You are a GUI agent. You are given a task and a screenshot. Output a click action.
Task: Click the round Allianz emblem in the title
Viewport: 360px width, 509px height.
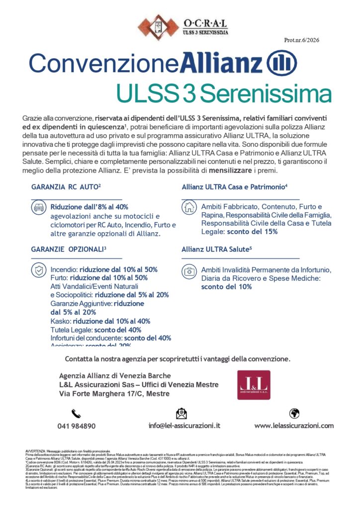click(282, 65)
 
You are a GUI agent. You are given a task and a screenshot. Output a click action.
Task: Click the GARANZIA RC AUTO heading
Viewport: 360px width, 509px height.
click(66, 187)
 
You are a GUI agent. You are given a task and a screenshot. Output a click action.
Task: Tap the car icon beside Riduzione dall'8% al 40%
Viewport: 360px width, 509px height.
click(38, 208)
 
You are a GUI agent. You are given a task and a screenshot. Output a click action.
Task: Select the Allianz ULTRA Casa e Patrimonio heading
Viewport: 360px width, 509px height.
click(235, 187)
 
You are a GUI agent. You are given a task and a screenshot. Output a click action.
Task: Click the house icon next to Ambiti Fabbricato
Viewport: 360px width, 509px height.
click(189, 208)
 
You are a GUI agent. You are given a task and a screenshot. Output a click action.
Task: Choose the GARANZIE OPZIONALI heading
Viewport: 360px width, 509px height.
click(69, 249)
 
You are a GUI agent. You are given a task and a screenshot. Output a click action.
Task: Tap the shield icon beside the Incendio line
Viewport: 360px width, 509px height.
click(38, 270)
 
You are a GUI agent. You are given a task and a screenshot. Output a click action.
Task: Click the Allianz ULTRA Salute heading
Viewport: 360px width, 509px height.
click(217, 249)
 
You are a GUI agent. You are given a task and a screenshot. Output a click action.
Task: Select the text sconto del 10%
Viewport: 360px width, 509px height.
click(226, 287)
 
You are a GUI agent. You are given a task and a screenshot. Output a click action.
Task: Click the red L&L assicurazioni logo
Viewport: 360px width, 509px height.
click(254, 385)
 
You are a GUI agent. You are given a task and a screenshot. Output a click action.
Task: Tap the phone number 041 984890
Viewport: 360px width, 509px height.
click(77, 426)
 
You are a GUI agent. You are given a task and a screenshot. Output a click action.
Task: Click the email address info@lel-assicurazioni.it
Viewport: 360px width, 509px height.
click(184, 426)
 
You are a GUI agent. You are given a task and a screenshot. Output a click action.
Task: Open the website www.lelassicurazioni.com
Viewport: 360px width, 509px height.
click(294, 425)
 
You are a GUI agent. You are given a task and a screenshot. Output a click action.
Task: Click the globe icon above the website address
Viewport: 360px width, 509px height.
click(294, 413)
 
